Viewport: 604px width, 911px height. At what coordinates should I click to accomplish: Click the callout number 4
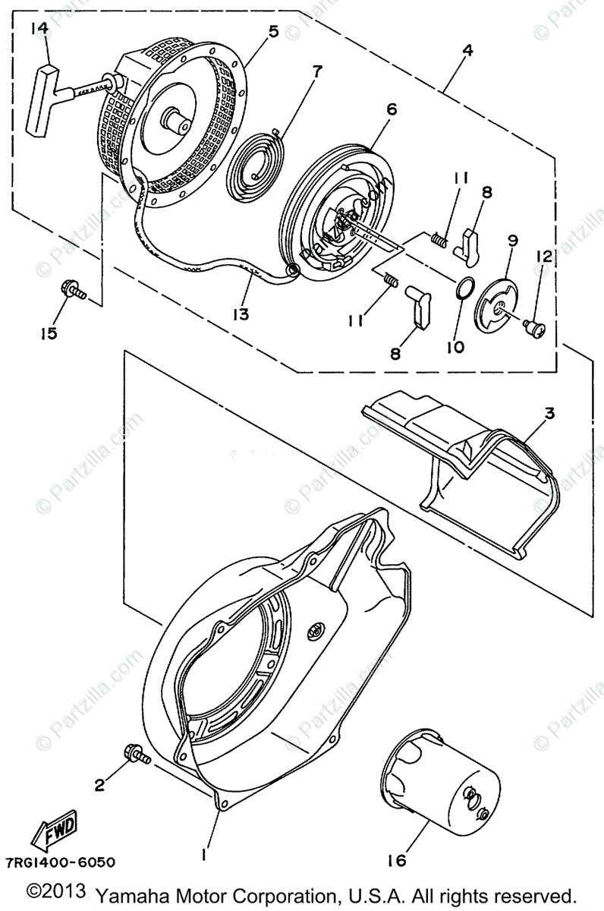click(x=467, y=51)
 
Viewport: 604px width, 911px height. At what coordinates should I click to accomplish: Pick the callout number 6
click(x=391, y=109)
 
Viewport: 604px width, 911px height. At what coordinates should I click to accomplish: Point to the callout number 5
click(x=273, y=31)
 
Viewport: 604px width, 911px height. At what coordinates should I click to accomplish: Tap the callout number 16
click(x=396, y=860)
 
